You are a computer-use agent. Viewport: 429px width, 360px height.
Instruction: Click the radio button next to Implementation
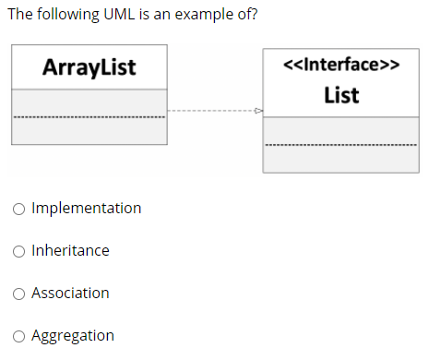click(x=19, y=209)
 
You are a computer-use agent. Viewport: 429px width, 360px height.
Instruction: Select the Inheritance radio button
click(x=19, y=251)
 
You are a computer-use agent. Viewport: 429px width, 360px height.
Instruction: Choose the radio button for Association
click(x=19, y=294)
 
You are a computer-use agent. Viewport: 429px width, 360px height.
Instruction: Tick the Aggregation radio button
click(x=19, y=336)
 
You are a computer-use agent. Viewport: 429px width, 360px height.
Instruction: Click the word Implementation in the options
click(x=86, y=208)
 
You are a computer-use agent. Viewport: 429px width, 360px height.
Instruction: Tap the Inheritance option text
click(x=70, y=250)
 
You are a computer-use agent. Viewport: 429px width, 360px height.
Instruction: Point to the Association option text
click(x=70, y=293)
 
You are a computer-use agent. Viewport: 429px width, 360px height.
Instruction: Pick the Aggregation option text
click(x=73, y=335)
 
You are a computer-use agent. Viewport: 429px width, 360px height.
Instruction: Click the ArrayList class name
click(x=89, y=66)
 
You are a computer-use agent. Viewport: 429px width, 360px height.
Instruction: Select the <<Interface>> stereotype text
click(x=341, y=66)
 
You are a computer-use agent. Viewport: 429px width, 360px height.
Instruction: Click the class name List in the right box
click(x=341, y=95)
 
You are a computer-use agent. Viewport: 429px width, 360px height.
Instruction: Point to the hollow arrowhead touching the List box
click(x=258, y=111)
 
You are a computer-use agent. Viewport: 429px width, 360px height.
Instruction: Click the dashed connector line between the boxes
click(x=212, y=111)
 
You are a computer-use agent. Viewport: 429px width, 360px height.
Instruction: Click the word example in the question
click(x=208, y=15)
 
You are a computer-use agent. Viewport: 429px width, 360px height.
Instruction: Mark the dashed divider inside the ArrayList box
click(x=89, y=117)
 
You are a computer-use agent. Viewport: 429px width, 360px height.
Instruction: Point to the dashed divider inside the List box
click(x=340, y=145)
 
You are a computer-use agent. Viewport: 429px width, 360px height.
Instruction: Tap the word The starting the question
click(x=20, y=15)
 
